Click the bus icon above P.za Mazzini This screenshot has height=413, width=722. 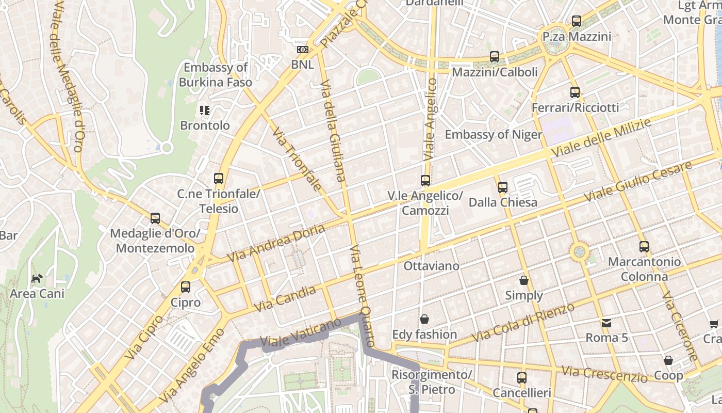point(577,21)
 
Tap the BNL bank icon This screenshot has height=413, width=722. point(303,50)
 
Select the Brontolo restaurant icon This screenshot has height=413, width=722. point(205,110)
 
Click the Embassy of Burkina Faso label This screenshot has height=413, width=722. point(216,75)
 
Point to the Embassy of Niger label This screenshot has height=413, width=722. point(493,135)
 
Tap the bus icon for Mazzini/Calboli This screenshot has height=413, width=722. point(495,57)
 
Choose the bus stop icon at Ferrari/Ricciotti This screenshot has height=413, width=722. point(575,92)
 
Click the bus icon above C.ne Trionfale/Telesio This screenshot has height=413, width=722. point(219,179)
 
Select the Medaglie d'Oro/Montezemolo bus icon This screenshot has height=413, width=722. point(155,218)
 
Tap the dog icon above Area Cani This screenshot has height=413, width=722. point(37,279)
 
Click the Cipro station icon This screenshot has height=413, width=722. point(186,287)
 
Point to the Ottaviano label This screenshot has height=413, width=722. point(431,266)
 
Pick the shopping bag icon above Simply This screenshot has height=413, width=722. point(524,280)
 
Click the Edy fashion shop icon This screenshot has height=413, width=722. point(424,319)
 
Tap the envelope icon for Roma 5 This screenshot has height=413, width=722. point(606,323)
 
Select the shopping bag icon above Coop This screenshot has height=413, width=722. point(668,360)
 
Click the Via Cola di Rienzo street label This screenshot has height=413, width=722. point(523,323)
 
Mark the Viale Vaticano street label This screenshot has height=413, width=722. point(301,332)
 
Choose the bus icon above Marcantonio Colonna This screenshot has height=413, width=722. point(644,247)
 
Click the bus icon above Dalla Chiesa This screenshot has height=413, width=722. point(503,187)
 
